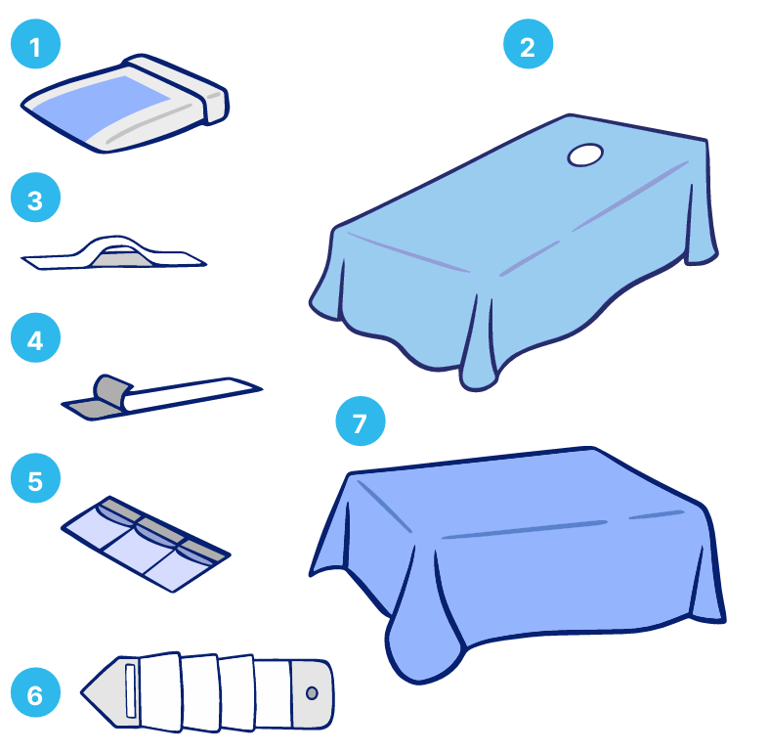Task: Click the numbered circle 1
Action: [x=35, y=44]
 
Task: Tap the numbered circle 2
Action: [x=528, y=44]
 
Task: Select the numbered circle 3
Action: [x=35, y=198]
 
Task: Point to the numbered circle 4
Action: [x=35, y=337]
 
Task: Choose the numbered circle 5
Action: [x=35, y=478]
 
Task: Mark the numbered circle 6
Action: [x=35, y=692]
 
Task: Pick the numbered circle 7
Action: [x=361, y=421]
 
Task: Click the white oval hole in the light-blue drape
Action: [x=585, y=155]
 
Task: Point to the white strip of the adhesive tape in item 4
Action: [x=192, y=394]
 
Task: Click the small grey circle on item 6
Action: [x=312, y=693]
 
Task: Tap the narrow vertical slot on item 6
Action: [x=131, y=691]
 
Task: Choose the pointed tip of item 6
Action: [x=82, y=692]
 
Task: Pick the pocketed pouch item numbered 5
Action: [x=146, y=544]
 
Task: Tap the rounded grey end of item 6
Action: [x=314, y=693]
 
